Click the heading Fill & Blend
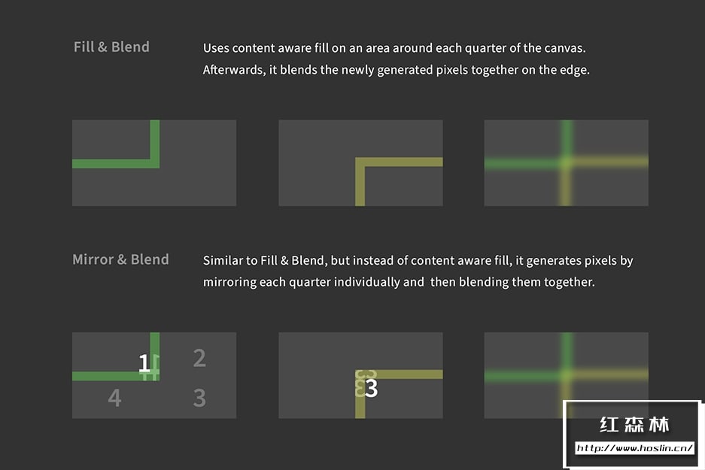pyautogui.click(x=111, y=47)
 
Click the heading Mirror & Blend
pyautogui.click(x=120, y=259)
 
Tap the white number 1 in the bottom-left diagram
pyautogui.click(x=144, y=363)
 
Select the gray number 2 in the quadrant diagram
pyautogui.click(x=199, y=358)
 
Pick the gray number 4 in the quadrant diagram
pyautogui.click(x=114, y=398)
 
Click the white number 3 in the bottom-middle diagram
pyautogui.click(x=372, y=388)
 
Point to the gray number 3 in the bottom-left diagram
pyautogui.click(x=199, y=398)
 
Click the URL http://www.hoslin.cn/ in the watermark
pyautogui.click(x=634, y=448)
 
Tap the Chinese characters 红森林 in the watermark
pyautogui.click(x=634, y=425)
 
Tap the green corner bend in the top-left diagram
pyautogui.click(x=155, y=163)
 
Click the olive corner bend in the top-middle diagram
pyautogui.click(x=360, y=162)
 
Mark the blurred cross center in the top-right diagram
pyautogui.click(x=567, y=162)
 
